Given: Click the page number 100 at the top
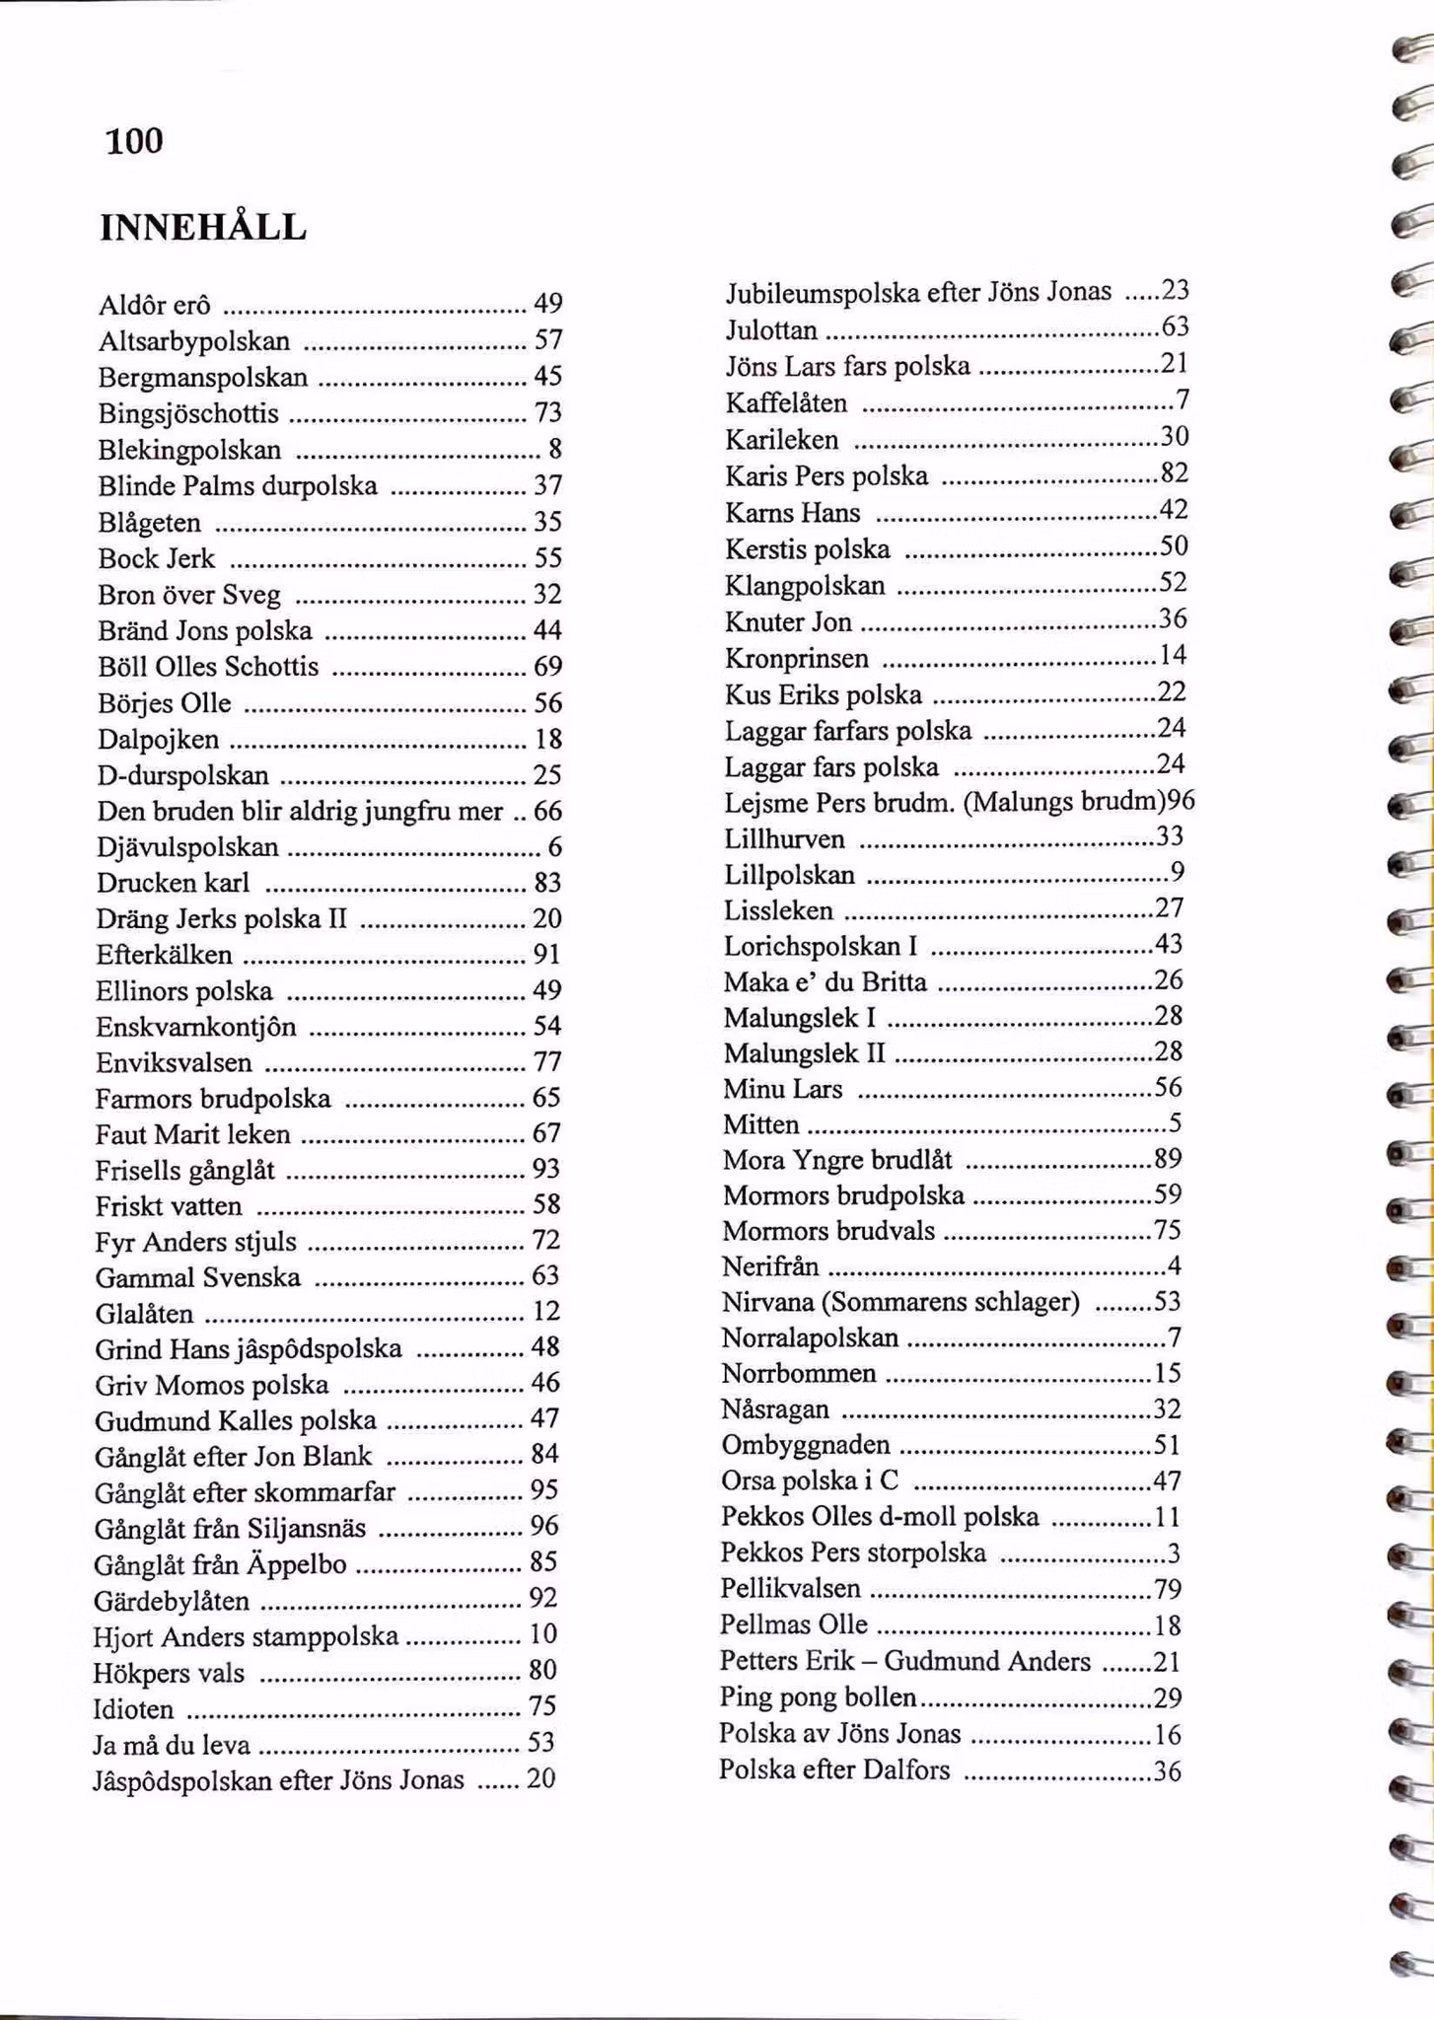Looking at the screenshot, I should pyautogui.click(x=134, y=141).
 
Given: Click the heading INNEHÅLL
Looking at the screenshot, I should pyautogui.click(x=203, y=228).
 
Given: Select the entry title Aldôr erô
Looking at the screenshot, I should pyautogui.click(x=154, y=305).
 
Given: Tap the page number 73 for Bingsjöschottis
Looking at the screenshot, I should pyautogui.click(x=547, y=412).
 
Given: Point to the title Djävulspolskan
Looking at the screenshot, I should pyautogui.click(x=187, y=847).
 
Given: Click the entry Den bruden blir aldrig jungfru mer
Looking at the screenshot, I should pyautogui.click(x=300, y=811).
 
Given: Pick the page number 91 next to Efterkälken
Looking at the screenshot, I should pyautogui.click(x=546, y=954).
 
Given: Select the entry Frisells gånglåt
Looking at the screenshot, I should pyautogui.click(x=184, y=1170).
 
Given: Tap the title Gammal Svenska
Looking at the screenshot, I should pyautogui.click(x=197, y=1277).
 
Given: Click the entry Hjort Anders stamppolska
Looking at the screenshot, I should pyautogui.click(x=246, y=1636).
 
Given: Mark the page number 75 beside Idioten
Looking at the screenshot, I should pyautogui.click(x=542, y=1706).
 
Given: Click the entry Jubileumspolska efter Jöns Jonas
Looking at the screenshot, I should pyautogui.click(x=918, y=292).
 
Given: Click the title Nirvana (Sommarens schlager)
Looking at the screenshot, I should pyautogui.click(x=900, y=1302).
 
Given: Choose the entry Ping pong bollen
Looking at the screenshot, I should pyautogui.click(x=818, y=1697).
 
